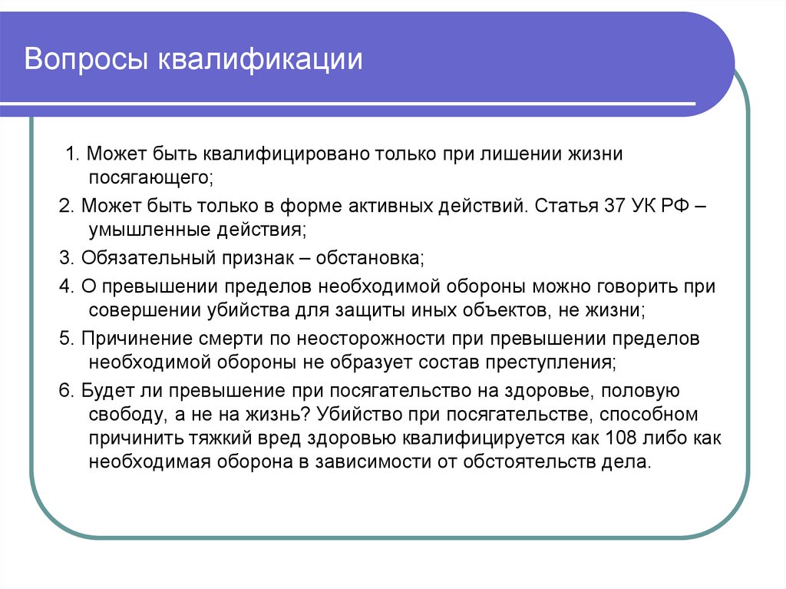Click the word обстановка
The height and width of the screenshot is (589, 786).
pyautogui.click(x=371, y=257)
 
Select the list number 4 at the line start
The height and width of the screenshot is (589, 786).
pyautogui.click(x=64, y=286)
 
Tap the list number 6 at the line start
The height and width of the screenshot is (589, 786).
pyautogui.click(x=64, y=390)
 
